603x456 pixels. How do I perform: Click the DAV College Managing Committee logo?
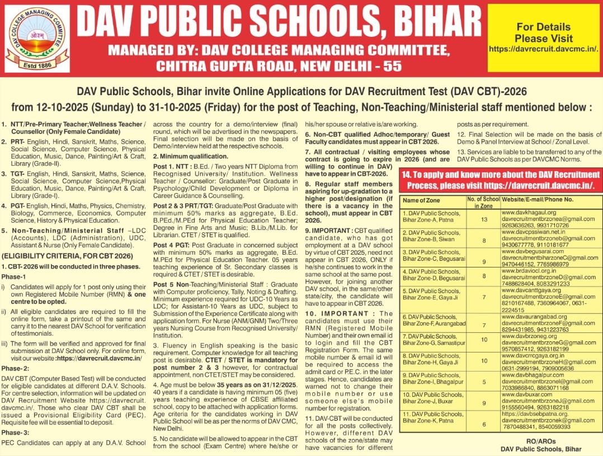click(x=37, y=38)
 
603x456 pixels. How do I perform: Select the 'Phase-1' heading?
click(x=13, y=277)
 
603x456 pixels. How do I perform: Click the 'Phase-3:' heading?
click(x=15, y=433)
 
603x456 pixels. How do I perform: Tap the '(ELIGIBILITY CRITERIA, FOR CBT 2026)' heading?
click(x=67, y=256)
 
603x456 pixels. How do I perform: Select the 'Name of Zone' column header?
click(x=421, y=200)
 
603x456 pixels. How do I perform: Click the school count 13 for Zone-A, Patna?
click(x=484, y=219)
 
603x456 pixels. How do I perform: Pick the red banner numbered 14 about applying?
click(x=500, y=180)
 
